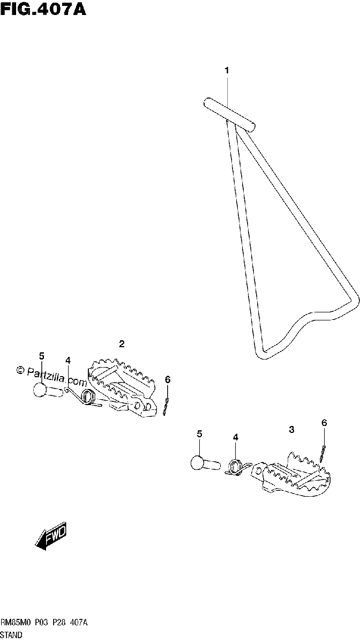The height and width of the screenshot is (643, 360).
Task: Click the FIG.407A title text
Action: point(43,9)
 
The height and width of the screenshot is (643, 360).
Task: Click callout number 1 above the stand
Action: point(227,70)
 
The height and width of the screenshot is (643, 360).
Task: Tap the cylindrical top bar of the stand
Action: point(229,115)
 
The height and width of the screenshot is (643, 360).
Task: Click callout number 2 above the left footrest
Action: point(122,343)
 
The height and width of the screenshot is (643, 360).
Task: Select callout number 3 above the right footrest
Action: point(291,430)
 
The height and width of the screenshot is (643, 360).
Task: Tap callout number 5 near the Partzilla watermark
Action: point(42,356)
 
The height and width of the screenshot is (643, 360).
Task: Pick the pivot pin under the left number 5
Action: point(48,391)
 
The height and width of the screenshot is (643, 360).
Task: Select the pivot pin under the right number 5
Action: point(205,463)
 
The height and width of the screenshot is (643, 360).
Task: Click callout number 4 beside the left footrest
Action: point(67,360)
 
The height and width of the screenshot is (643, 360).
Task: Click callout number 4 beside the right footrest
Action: point(235,437)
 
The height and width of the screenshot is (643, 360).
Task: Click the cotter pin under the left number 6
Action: point(166,407)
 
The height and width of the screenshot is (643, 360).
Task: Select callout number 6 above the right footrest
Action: point(324,423)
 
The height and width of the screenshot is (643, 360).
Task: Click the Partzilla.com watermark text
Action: point(51,376)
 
